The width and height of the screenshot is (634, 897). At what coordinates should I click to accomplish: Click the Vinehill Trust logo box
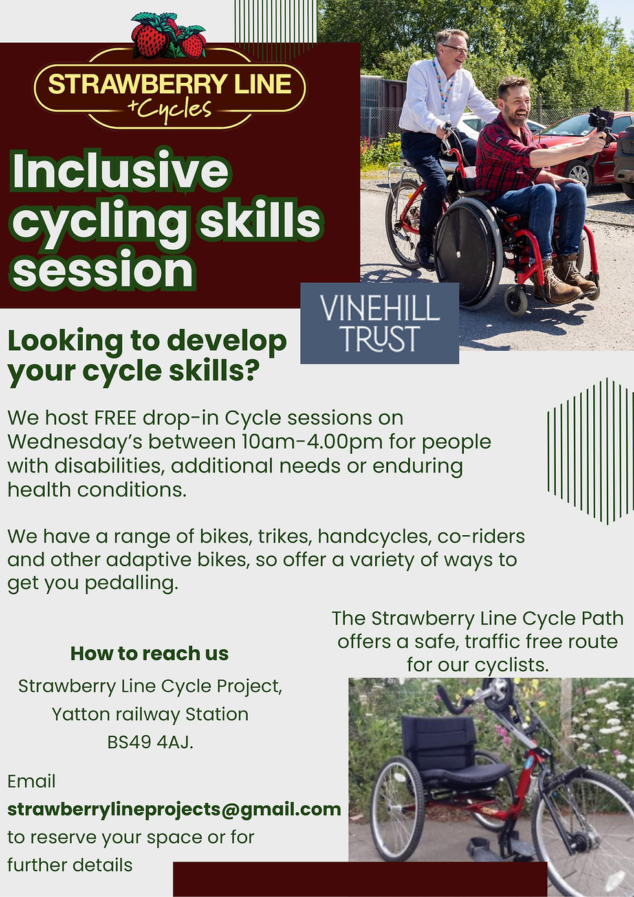tap(380, 323)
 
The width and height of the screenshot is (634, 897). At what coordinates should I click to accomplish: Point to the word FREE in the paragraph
tap(115, 417)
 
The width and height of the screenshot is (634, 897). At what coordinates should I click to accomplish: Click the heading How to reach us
tap(149, 653)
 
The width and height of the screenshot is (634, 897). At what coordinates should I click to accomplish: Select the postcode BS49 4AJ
tap(150, 742)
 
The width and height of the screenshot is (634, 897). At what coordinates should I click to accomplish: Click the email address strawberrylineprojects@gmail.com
tap(174, 809)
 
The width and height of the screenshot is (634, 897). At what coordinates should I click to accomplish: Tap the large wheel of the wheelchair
tap(468, 252)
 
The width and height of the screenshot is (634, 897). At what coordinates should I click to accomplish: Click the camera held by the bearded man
tap(601, 121)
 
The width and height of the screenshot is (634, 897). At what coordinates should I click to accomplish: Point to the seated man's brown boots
tap(565, 280)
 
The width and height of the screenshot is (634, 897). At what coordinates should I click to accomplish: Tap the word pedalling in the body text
tap(131, 584)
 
